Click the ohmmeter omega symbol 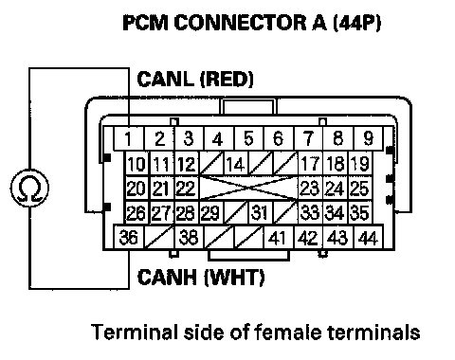pos(29,189)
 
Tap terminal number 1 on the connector pos(129,138)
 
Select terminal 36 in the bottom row pos(129,237)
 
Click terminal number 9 pos(369,138)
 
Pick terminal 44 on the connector pos(369,238)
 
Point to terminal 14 pos(236,164)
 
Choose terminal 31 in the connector pos(261,212)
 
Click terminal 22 pos(187,189)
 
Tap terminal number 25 pos(360,189)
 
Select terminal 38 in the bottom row pos(189,237)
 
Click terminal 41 pos(278,238)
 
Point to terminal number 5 pos(248,138)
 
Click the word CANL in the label pos(165,79)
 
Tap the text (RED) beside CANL pos(227,79)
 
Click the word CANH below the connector pos(167,277)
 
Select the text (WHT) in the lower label pos(234,278)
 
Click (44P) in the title pos(357,23)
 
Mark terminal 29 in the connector pos(211,212)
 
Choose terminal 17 pos(310,164)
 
